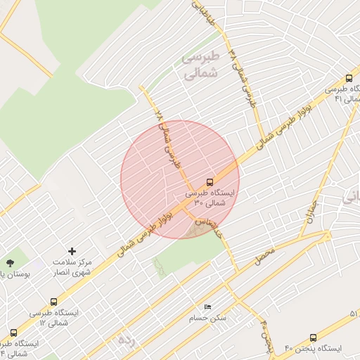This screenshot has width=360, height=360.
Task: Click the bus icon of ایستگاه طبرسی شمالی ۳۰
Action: click(210, 182)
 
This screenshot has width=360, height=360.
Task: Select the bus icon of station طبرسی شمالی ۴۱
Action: click(349, 79)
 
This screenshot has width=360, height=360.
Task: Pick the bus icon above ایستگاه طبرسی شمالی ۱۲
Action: click(54, 302)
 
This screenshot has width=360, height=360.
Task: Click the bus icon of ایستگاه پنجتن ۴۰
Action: click(313, 337)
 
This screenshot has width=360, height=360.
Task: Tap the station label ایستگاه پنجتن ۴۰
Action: click(312, 349)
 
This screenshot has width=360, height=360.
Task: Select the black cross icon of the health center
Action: click(71, 251)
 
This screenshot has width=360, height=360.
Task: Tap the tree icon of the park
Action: click(9, 262)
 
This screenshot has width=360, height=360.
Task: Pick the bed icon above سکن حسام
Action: click(207, 307)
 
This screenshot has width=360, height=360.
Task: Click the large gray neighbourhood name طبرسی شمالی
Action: click(200, 64)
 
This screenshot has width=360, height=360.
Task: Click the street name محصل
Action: click(264, 255)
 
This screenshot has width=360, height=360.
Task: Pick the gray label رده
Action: click(125, 340)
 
